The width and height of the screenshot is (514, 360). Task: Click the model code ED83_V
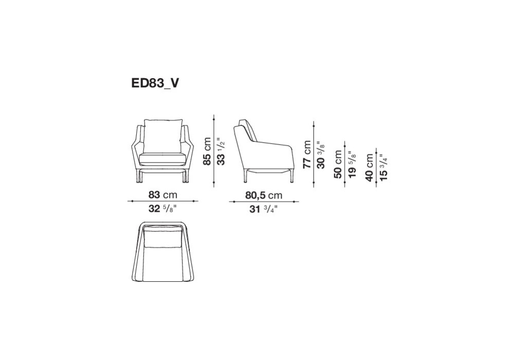pos(155,83)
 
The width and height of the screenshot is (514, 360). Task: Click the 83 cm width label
pos(162,195)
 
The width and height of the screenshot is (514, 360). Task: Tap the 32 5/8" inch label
pos(162,208)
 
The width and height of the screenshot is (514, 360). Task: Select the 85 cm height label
pos(207,151)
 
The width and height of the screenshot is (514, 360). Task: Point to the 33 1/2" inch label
pos(221,151)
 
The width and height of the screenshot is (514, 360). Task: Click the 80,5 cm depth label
pos(264,195)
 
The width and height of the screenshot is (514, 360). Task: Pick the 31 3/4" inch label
pos(264,208)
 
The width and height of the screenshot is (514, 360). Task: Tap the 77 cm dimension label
pos(307,154)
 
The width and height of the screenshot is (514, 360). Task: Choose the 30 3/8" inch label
pos(321,154)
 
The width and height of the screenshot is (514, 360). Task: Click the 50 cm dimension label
pos(338,164)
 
